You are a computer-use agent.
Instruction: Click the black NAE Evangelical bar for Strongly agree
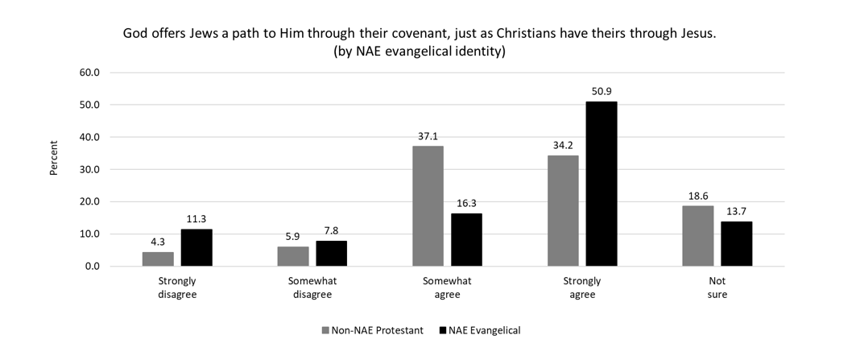click(x=602, y=184)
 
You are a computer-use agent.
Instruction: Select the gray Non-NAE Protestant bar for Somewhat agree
click(x=428, y=206)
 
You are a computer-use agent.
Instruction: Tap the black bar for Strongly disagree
click(x=196, y=247)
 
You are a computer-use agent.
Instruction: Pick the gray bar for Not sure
click(x=697, y=236)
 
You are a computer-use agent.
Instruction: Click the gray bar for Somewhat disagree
click(x=292, y=256)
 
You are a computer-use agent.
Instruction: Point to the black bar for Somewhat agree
click(x=467, y=240)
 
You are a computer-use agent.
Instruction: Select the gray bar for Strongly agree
click(x=563, y=211)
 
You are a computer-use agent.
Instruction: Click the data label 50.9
click(x=602, y=91)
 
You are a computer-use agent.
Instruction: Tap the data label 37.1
click(x=428, y=136)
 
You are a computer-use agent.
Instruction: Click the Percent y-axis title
click(x=53, y=158)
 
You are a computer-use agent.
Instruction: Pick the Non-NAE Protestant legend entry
click(x=373, y=330)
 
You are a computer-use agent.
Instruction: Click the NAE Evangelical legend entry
click(x=480, y=330)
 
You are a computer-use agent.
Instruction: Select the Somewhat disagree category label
click(x=312, y=288)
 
